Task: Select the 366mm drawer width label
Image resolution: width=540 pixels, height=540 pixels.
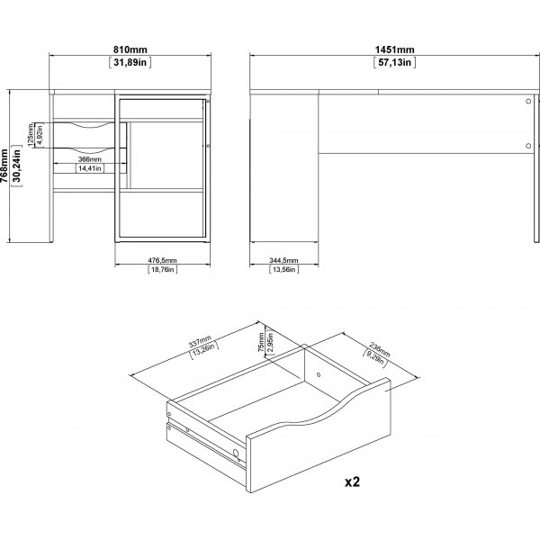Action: click(89, 158)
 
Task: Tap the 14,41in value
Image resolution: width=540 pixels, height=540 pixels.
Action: click(89, 168)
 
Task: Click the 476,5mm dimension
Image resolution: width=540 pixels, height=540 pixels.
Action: click(162, 260)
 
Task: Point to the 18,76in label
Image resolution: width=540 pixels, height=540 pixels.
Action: click(162, 270)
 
